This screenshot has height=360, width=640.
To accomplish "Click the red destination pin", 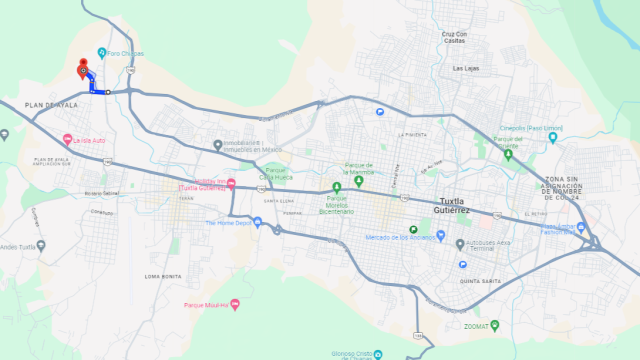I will point(82,65).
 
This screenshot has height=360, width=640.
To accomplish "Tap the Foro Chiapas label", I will point(124,53).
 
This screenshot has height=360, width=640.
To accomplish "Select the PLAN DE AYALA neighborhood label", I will point(52,105).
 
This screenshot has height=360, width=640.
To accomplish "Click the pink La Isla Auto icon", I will point(68,139).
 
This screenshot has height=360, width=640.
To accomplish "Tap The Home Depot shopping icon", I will point(257,223).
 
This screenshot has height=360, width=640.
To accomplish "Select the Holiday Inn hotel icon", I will point(231,183).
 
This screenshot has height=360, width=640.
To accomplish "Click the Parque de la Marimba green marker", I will point(359,180).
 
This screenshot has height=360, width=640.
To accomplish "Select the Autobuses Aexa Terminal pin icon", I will point(460,244).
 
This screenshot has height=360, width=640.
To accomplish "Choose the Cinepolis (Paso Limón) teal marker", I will point(553,138).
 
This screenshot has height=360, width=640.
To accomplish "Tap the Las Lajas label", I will point(466,68).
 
